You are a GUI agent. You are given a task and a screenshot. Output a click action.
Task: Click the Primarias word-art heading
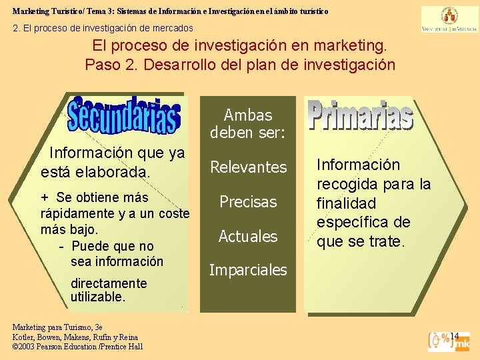click(x=360, y=115)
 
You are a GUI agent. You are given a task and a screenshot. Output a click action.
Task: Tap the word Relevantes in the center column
click(x=248, y=167)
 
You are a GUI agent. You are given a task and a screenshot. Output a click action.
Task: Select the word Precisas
click(x=248, y=201)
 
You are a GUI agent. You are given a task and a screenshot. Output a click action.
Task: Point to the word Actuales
click(x=248, y=236)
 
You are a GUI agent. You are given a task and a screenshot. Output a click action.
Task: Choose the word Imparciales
click(x=248, y=270)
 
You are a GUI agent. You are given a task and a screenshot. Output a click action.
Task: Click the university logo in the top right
click(x=440, y=19)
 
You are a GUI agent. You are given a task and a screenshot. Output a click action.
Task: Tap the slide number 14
click(x=455, y=335)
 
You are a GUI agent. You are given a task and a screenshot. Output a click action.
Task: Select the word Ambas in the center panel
click(x=248, y=115)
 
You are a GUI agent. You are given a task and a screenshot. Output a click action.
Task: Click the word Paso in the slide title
click(x=104, y=65)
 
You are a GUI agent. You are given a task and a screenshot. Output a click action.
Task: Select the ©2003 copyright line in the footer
click(x=77, y=347)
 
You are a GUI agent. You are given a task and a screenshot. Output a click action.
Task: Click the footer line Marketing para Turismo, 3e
click(x=57, y=327)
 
